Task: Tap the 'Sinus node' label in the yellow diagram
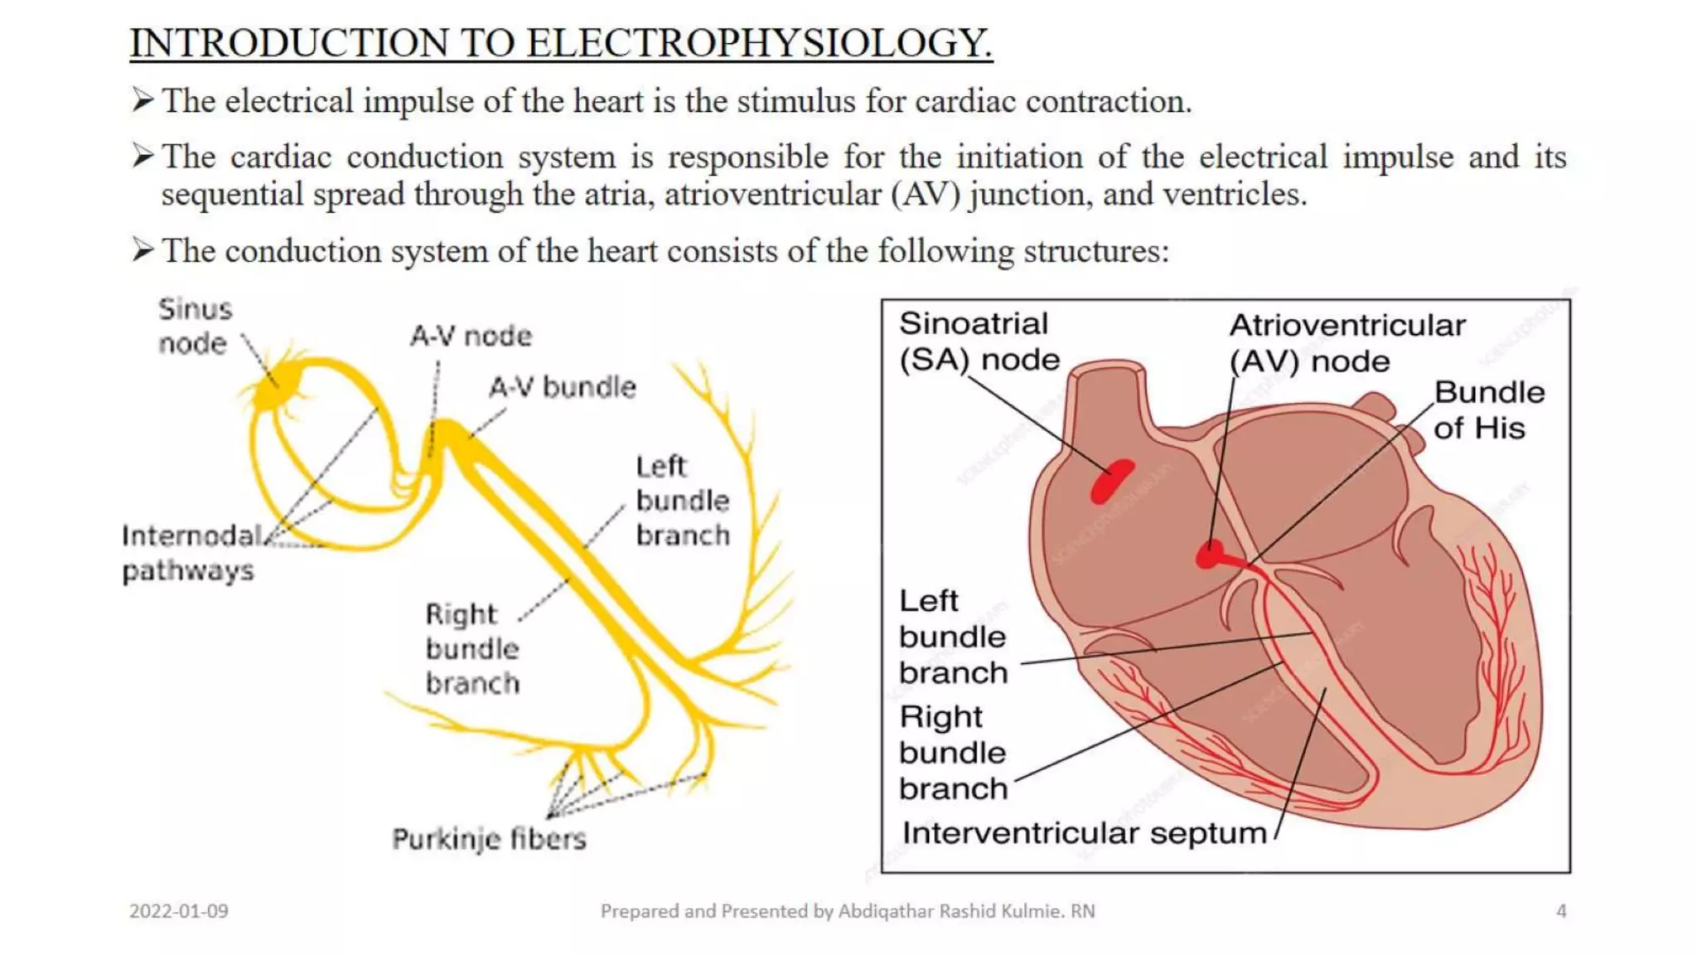195,326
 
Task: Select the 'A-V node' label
471,336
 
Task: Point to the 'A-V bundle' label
562,387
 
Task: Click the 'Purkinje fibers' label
489,839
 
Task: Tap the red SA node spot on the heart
1111,482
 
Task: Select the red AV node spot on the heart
1211,554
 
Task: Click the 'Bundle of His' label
1489,410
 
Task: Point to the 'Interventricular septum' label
1084,832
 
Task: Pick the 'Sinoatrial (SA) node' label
978,342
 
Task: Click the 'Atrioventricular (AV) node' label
1346,343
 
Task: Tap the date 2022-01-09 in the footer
179,911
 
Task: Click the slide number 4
1561,911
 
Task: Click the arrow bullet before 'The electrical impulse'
143,101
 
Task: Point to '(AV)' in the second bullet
926,195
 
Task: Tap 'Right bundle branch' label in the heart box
953,752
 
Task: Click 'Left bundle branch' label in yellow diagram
682,501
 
